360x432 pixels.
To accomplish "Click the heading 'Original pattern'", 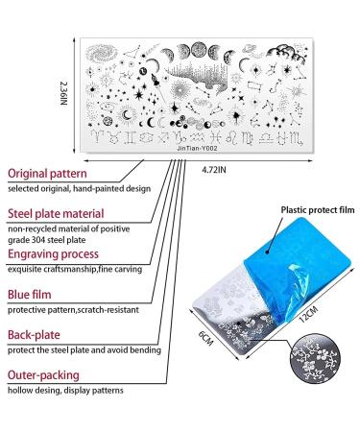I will point(55,173).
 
